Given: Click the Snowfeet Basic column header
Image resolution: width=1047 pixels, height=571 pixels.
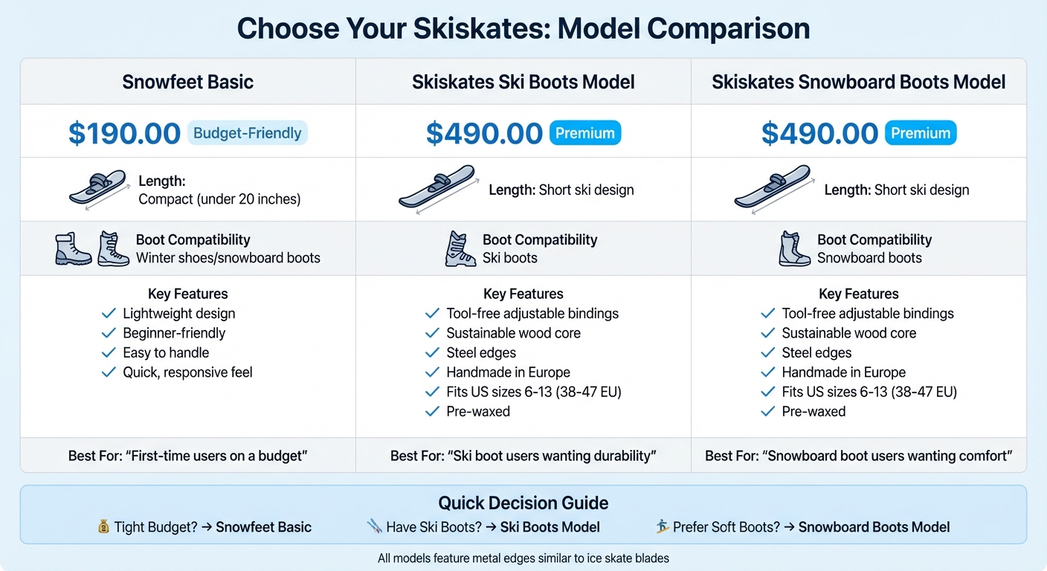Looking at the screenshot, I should (187, 82).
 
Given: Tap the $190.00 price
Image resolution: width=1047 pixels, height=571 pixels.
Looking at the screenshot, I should (124, 134).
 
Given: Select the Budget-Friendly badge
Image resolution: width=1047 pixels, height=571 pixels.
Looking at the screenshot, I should (247, 134).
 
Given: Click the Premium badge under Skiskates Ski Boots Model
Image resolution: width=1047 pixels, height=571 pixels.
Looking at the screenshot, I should (584, 134).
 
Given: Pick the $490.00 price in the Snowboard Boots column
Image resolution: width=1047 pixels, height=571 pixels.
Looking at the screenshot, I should (819, 134).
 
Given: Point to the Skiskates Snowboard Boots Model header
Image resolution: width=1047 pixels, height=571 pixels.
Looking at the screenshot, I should (858, 82).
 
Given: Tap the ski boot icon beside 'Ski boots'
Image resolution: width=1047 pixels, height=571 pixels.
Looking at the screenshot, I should (460, 249).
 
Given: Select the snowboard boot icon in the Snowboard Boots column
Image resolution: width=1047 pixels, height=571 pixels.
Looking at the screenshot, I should (794, 249).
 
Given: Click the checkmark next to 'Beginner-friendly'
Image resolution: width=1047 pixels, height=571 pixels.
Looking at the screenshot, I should (109, 333).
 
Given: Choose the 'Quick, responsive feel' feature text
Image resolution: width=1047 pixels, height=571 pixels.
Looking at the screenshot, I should (187, 372).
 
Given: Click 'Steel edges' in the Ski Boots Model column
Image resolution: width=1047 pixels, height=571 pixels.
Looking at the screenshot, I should (480, 353).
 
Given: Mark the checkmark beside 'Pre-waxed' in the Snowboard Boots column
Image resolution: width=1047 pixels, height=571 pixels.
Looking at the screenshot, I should (767, 411).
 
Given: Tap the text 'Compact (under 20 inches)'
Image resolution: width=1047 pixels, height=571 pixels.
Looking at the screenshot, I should (219, 199).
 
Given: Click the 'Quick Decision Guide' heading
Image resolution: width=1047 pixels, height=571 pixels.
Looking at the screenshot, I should (523, 503).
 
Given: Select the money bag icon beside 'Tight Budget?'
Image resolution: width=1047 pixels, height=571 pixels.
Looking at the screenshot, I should (103, 527).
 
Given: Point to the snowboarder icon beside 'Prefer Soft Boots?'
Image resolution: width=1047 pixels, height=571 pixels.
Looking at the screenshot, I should (663, 527).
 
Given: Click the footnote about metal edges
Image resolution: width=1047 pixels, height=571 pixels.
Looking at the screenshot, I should (523, 558).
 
